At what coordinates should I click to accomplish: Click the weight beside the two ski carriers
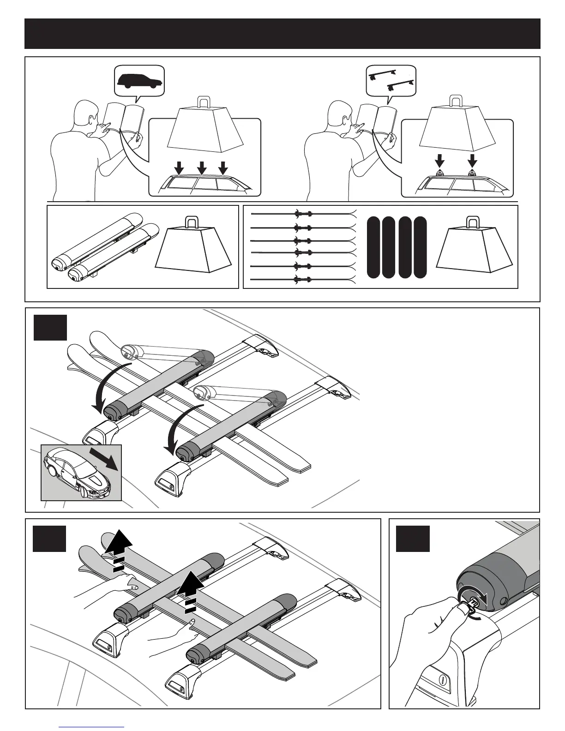[193, 249]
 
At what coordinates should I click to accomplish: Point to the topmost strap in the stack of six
[303, 213]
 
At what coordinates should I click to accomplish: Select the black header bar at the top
[282, 34]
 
